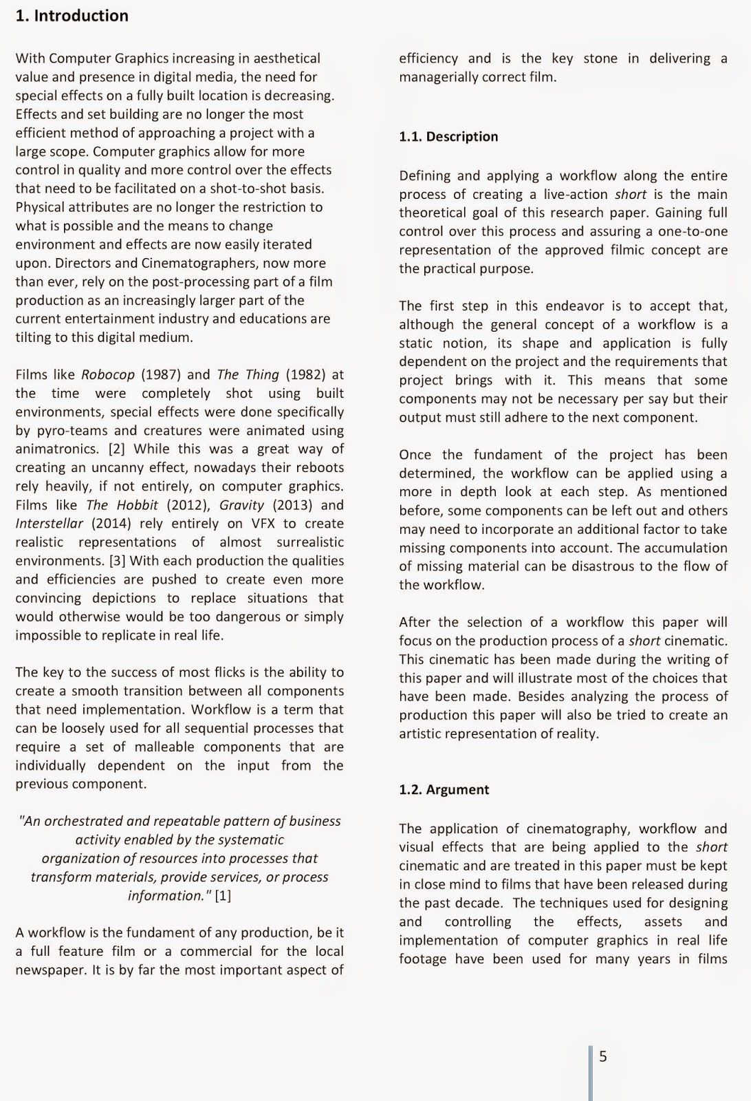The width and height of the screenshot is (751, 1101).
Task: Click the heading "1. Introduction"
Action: click(x=72, y=16)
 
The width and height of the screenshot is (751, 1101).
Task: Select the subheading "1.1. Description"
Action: click(x=448, y=136)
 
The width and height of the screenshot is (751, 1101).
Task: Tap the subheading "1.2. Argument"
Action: click(x=444, y=789)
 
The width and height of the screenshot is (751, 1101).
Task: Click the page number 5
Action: click(x=603, y=1056)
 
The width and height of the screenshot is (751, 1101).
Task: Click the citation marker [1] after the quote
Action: click(x=223, y=895)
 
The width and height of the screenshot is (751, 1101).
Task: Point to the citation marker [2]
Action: click(x=116, y=449)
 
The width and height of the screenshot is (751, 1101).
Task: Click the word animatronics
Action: click(x=57, y=449)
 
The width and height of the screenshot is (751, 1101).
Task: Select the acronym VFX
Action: click(x=263, y=523)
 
